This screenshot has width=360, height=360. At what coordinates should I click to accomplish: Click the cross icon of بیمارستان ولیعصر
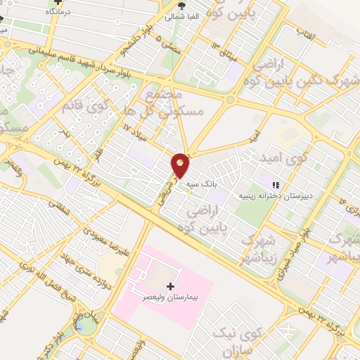pos(171,285)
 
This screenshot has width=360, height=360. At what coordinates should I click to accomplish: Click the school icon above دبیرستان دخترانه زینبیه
pos(285,184)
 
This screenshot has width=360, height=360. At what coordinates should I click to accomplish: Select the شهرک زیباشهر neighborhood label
pos(262,249)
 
